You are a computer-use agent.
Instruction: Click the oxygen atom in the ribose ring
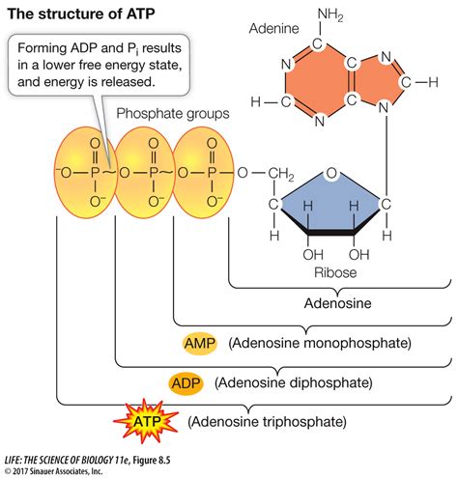(x=332, y=175)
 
